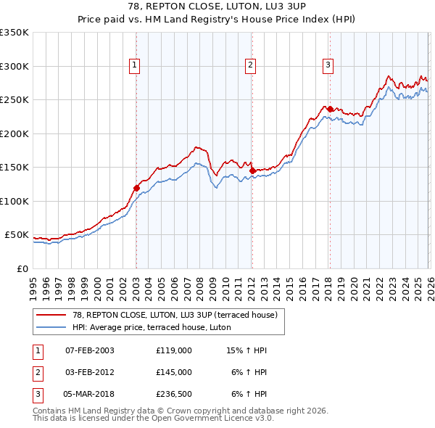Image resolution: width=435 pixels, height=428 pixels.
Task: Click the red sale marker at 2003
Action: coord(136,188)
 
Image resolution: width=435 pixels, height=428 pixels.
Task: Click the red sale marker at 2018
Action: coord(330,110)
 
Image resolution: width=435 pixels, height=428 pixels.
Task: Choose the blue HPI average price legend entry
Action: coord(151,327)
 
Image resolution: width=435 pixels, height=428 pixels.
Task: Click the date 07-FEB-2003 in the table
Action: coord(89,350)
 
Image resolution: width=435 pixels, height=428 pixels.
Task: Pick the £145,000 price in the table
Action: coord(174,372)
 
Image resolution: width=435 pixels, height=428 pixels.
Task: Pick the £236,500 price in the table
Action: coord(174,395)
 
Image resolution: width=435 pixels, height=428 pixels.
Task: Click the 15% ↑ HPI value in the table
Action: coord(246,350)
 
